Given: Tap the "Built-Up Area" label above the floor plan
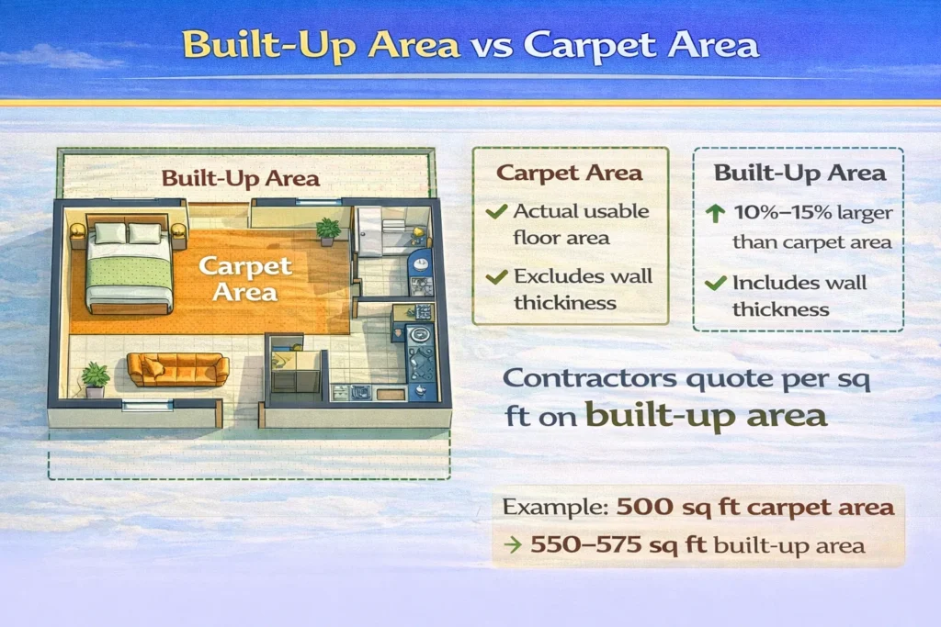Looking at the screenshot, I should click(x=241, y=178).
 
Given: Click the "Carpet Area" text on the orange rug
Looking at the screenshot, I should click(x=245, y=279).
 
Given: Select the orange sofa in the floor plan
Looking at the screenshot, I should click(x=177, y=369).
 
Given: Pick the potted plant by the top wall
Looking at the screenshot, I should click(x=327, y=230).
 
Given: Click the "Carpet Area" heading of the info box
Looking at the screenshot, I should click(x=570, y=173).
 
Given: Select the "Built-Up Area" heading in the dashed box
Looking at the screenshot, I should click(x=799, y=173).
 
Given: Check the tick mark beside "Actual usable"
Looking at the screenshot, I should click(x=496, y=212).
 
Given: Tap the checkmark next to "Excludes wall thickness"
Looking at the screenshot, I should click(x=496, y=276).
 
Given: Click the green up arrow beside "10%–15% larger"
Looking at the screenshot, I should click(x=716, y=213).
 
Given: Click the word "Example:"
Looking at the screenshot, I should click(x=554, y=507).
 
